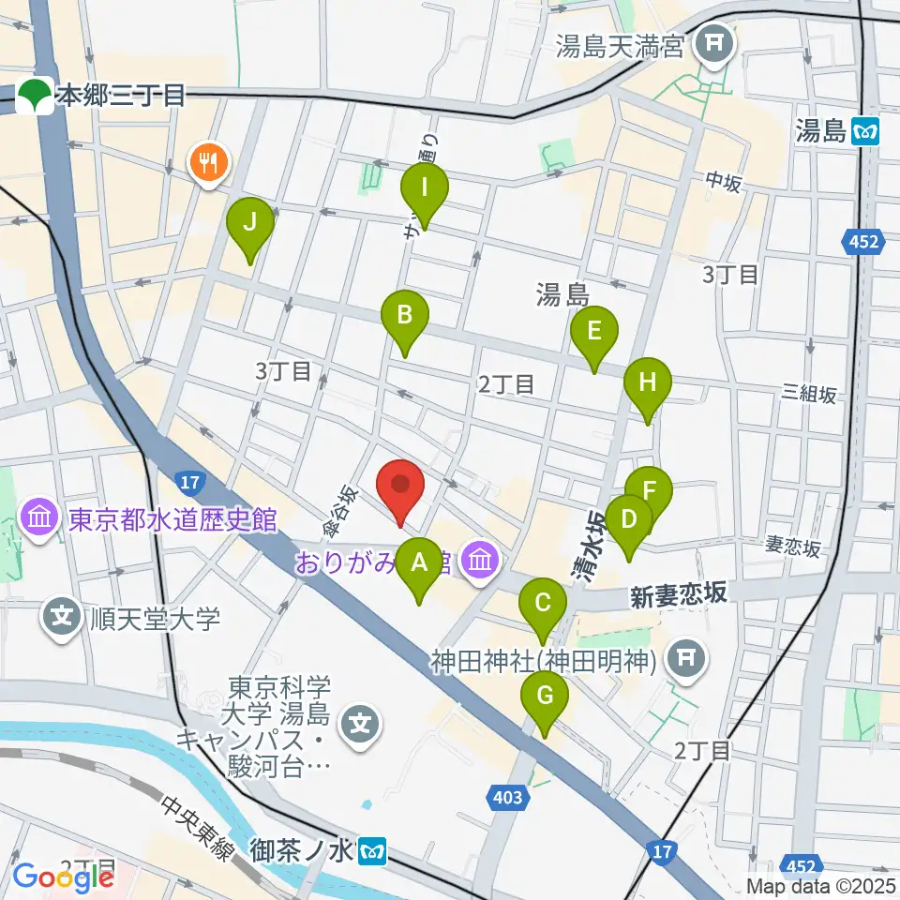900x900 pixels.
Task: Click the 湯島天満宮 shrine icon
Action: [x=717, y=44]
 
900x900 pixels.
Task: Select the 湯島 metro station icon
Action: [x=866, y=131]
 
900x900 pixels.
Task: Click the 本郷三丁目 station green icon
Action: [x=36, y=95]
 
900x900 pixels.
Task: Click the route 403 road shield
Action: [x=505, y=798]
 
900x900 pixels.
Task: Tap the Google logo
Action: [x=63, y=877]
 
